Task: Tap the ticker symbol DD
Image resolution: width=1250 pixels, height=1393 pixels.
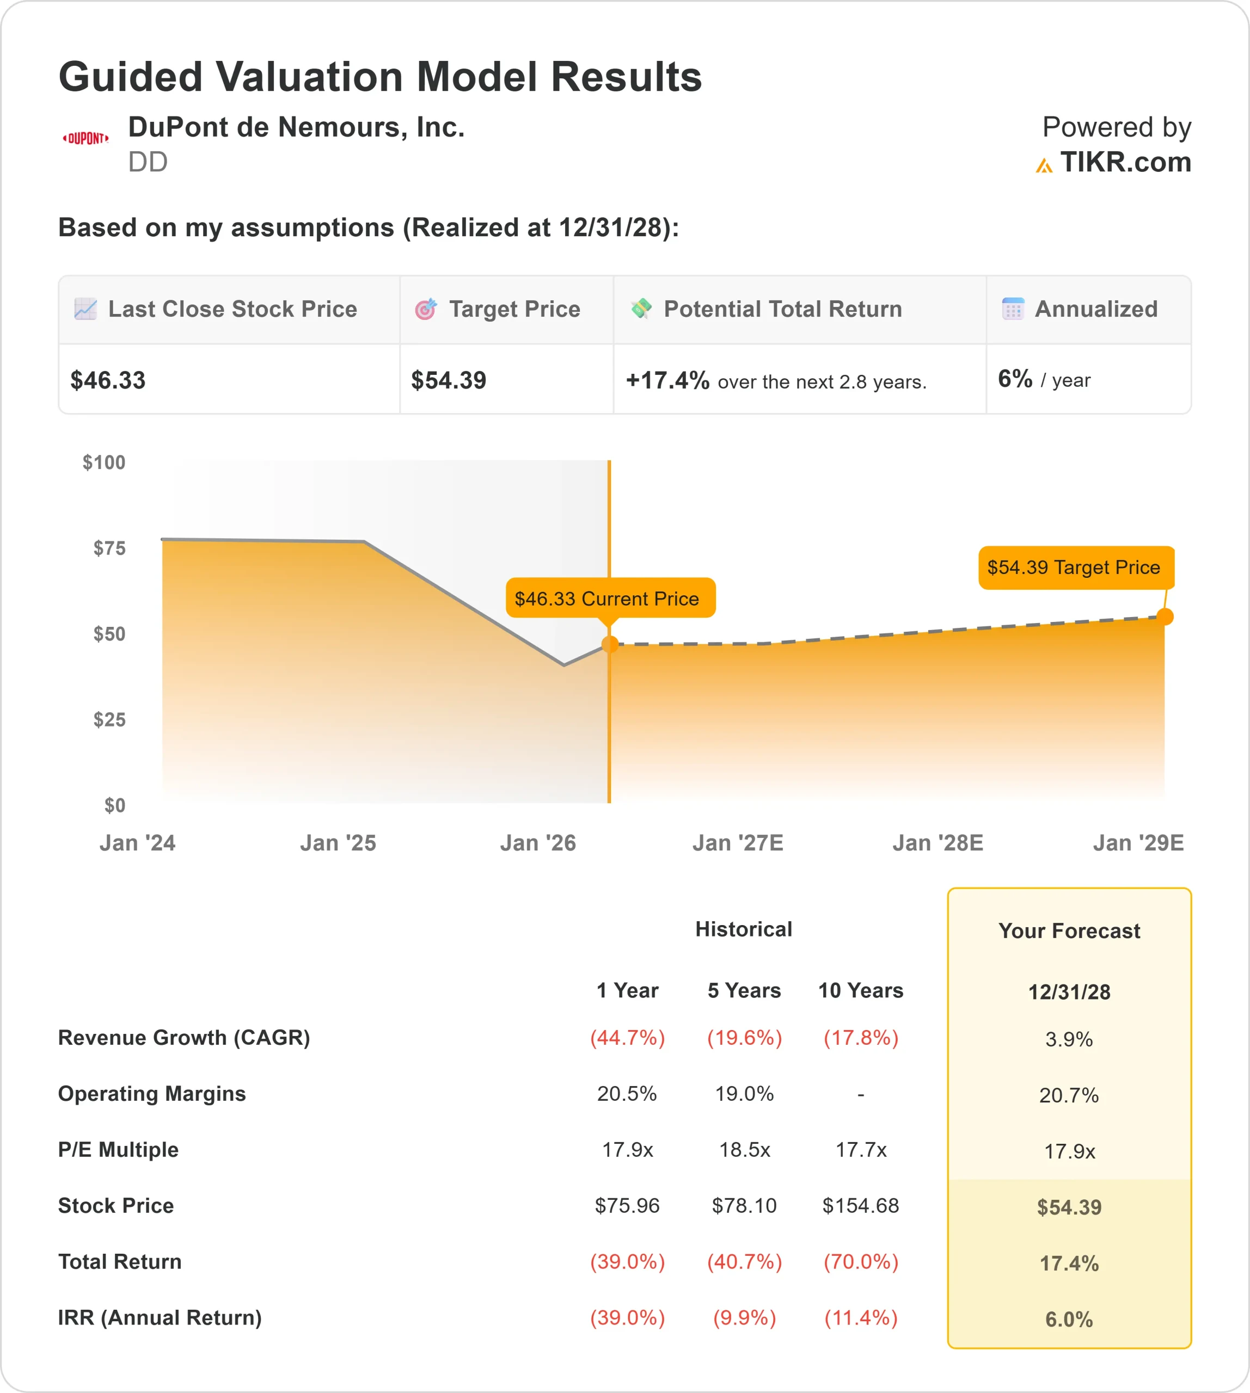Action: click(148, 163)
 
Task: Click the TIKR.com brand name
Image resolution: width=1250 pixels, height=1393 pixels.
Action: click(1125, 163)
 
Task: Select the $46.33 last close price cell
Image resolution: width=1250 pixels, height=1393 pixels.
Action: click(108, 380)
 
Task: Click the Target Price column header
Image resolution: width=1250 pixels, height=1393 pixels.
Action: click(514, 310)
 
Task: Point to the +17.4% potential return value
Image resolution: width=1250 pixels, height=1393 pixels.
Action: click(667, 380)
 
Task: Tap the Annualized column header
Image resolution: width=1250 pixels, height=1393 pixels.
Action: click(1095, 310)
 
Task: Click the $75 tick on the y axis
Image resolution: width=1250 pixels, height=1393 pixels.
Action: click(109, 548)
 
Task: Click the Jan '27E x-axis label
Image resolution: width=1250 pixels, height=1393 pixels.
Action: click(738, 843)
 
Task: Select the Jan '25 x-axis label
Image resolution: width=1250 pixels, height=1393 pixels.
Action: click(338, 843)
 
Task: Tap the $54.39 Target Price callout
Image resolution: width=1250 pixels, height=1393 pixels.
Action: click(1075, 568)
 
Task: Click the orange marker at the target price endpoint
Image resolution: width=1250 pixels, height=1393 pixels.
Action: click(1165, 617)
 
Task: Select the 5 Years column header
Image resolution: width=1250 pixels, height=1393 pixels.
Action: click(744, 991)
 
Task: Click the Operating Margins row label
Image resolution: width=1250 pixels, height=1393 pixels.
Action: click(152, 1094)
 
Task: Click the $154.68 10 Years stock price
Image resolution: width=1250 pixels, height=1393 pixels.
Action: click(861, 1206)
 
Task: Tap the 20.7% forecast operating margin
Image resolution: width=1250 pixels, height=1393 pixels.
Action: click(1069, 1095)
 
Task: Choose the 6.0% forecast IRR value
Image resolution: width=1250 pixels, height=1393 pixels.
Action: click(1069, 1320)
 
